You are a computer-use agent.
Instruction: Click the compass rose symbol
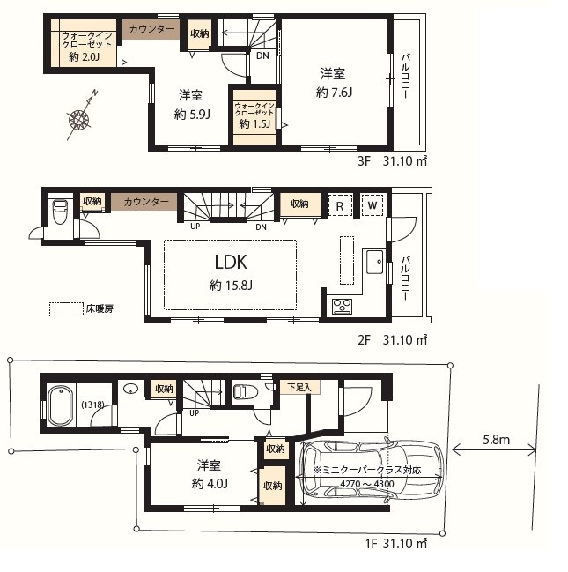(x=79, y=119)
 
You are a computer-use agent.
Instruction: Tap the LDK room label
(x=231, y=263)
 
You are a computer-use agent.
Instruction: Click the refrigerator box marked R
(x=340, y=205)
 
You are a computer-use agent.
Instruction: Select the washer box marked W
(x=373, y=205)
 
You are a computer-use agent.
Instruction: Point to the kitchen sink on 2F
(x=375, y=262)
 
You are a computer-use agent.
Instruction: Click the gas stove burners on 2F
(x=343, y=306)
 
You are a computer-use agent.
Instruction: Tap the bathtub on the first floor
(x=61, y=406)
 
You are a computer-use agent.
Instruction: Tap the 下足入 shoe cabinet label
(x=299, y=387)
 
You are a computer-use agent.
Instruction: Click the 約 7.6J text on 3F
(x=334, y=93)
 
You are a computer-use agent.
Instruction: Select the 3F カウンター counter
(x=151, y=30)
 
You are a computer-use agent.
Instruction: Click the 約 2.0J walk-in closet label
(x=85, y=57)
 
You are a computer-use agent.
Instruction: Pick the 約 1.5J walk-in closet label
(x=254, y=124)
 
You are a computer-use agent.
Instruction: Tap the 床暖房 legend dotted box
(x=66, y=309)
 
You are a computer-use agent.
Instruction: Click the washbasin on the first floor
(x=130, y=389)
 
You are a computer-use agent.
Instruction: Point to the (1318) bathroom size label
(x=92, y=405)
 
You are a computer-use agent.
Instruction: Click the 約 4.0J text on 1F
(x=210, y=484)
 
